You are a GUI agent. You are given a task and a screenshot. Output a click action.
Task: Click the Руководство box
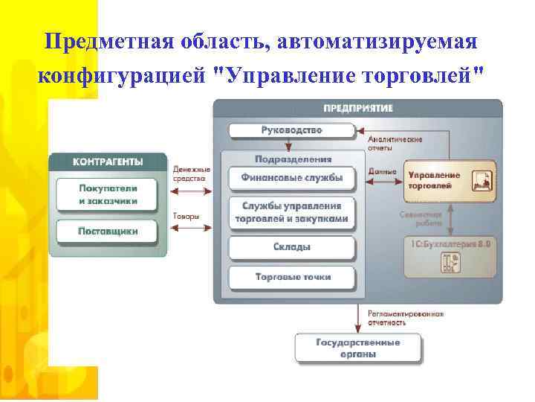click(291, 131)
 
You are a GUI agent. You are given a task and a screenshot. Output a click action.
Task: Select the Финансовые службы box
click(291, 178)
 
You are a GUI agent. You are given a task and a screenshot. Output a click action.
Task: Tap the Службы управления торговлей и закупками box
click(291, 212)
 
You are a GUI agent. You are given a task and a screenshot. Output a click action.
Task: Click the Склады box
click(291, 247)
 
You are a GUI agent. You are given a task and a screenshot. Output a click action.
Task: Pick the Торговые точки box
click(291, 278)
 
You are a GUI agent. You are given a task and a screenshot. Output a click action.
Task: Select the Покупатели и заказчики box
click(108, 195)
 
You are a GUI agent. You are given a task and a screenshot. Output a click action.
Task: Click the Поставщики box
click(108, 232)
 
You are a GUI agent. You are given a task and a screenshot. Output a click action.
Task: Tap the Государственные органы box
click(357, 348)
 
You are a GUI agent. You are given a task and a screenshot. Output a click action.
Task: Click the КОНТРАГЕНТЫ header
click(108, 162)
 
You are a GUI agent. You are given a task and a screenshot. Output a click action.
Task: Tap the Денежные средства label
click(191, 173)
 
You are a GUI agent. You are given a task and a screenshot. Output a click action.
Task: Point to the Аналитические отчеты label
click(395, 143)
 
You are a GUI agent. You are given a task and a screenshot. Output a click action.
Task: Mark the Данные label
click(382, 171)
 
